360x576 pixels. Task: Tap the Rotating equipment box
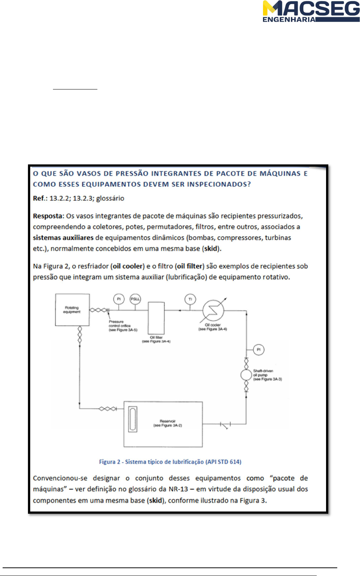pos(72,310)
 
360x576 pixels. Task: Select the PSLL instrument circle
pos(135,299)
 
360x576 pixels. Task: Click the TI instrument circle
pos(190,299)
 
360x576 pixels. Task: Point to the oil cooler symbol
pos(213,310)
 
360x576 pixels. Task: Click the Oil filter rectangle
pos(156,318)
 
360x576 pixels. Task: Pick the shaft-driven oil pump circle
pos(246,375)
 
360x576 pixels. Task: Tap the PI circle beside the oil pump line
pos(259,350)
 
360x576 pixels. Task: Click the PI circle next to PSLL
pos(119,299)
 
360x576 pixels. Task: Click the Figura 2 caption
pos(170,462)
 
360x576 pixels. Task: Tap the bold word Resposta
pos(48,216)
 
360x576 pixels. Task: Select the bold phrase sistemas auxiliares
pos(63,238)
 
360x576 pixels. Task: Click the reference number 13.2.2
pos(59,198)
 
